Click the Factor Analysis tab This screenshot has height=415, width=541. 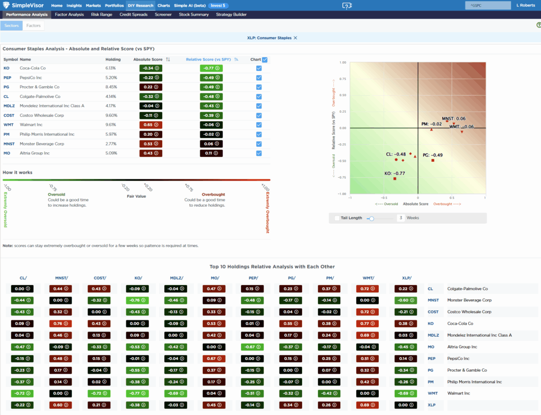pyautogui.click(x=69, y=14)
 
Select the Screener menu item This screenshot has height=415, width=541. pyautogui.click(x=163, y=14)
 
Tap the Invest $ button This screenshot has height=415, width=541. pyautogui.click(x=218, y=5)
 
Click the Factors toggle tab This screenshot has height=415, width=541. pyautogui.click(x=33, y=25)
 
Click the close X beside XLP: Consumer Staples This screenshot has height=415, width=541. pyautogui.click(x=296, y=38)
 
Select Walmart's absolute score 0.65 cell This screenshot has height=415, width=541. pyautogui.click(x=151, y=125)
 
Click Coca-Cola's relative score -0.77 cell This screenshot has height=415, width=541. pyautogui.click(x=211, y=68)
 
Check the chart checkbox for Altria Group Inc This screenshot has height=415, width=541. pyautogui.click(x=259, y=153)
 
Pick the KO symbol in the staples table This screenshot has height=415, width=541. pyautogui.click(x=6, y=68)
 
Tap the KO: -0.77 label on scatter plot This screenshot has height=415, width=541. pyautogui.click(x=395, y=173)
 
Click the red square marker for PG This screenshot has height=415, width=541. pyautogui.click(x=433, y=160)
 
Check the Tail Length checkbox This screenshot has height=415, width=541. pyautogui.click(x=337, y=218)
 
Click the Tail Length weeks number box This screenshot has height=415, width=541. pyautogui.click(x=400, y=218)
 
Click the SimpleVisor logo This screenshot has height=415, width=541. pyautogui.click(x=24, y=5)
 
